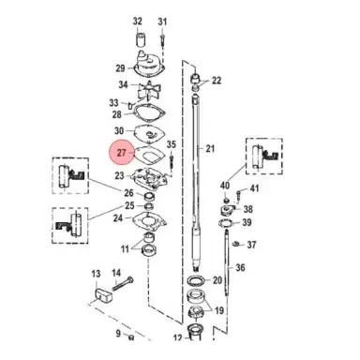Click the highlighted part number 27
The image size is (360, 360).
121,153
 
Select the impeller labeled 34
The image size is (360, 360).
149,90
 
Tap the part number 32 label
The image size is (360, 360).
138,22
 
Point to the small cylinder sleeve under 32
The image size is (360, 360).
139,38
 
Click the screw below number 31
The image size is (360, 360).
162,40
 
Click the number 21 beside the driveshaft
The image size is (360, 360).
210,148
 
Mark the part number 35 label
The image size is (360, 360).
172,144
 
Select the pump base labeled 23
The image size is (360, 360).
151,179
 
